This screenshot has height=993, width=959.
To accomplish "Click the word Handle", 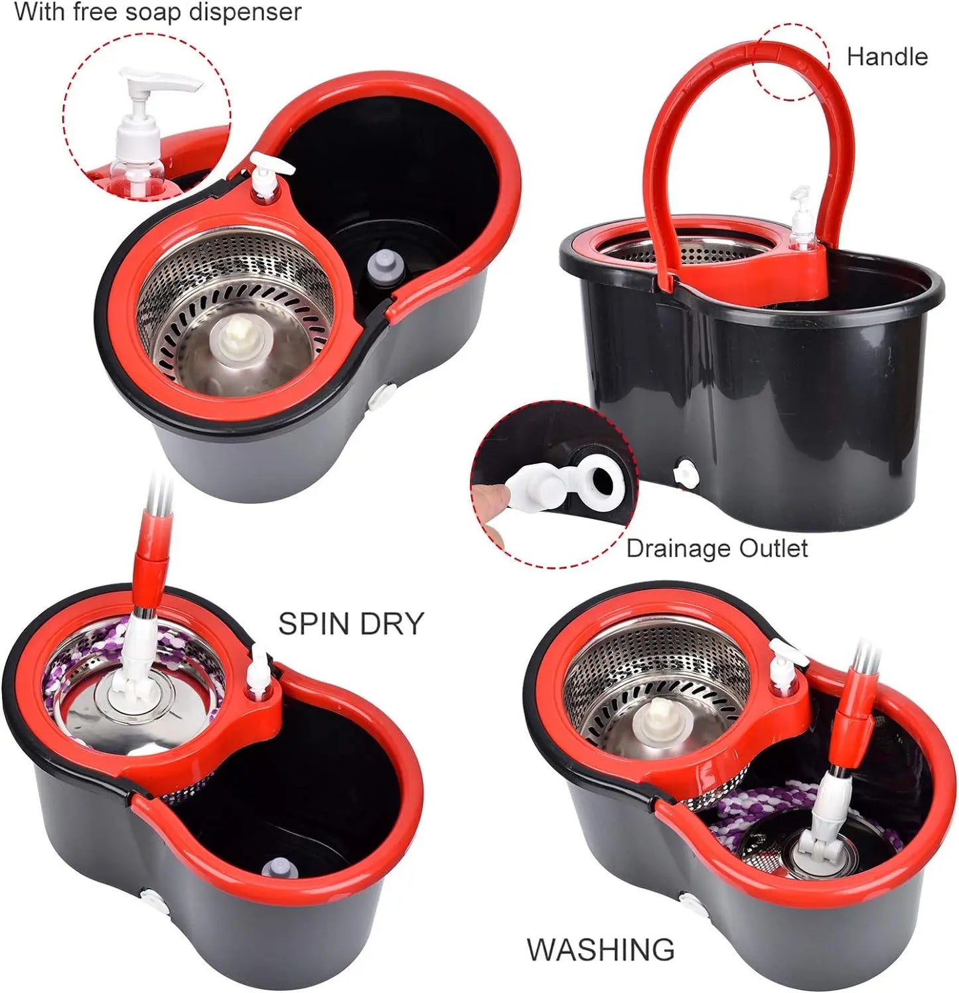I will pos(887,57).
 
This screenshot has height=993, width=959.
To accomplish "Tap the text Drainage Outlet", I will pos(717,548).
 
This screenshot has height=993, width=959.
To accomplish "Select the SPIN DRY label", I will pos(350,623).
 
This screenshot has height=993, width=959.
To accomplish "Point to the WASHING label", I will pos(601,949).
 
